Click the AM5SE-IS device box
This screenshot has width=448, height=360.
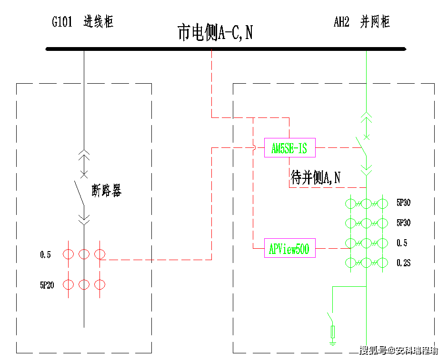point(290,147)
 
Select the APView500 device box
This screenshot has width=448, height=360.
point(290,248)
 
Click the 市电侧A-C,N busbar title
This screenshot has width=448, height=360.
point(215,32)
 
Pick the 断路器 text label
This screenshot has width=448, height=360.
point(107,190)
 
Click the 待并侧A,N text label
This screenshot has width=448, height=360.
point(316,177)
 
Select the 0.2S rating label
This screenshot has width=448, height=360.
point(403,263)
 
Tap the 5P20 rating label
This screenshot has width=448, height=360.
point(47,285)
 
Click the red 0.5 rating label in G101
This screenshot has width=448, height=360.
point(45,254)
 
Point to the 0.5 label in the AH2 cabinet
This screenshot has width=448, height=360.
point(402,243)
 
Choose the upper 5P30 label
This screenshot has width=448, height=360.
point(403,203)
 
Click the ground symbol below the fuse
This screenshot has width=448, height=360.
point(333,342)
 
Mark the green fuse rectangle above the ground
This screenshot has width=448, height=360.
point(333,332)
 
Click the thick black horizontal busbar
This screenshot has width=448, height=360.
point(226,49)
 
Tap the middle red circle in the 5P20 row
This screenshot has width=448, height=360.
point(84,284)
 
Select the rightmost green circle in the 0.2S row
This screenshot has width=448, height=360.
point(383,263)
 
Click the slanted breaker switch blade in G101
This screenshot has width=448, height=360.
point(79,193)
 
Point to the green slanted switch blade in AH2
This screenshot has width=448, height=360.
point(361,146)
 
